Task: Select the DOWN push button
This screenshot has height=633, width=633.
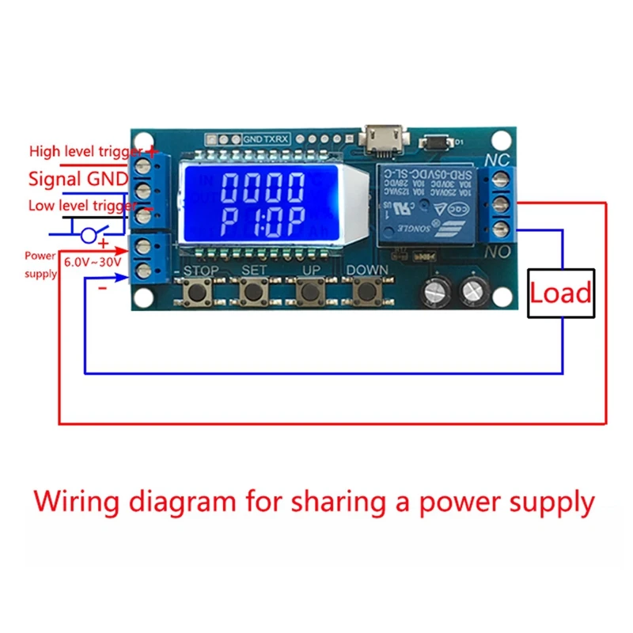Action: point(366,294)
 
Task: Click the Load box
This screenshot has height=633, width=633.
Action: point(560,294)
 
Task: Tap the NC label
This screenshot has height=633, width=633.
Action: point(496,158)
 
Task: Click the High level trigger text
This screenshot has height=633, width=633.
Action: point(85,151)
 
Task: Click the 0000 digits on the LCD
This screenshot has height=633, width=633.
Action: point(262,188)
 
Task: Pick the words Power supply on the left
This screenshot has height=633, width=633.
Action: point(40,265)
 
